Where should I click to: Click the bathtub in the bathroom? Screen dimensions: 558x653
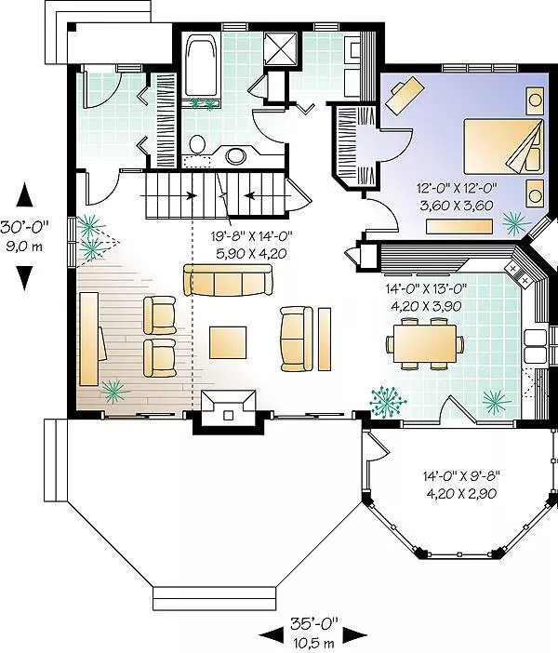tap(202, 66)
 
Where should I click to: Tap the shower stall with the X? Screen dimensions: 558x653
tap(282, 49)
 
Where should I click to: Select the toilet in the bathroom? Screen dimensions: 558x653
tap(197, 144)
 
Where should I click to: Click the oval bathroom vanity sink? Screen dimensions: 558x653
tap(236, 156)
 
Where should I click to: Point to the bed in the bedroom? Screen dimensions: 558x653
tap(504, 146)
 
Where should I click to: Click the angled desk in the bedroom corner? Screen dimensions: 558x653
tap(405, 93)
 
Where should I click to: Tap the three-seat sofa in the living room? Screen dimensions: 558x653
tap(228, 280)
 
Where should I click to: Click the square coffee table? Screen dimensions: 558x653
tap(228, 342)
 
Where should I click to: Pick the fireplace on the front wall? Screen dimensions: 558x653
tap(228, 410)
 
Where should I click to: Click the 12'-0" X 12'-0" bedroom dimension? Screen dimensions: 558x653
tap(458, 188)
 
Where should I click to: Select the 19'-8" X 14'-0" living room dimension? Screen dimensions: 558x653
tap(251, 236)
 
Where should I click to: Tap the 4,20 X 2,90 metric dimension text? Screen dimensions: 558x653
tap(461, 494)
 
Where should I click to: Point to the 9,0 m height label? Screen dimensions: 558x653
tap(24, 247)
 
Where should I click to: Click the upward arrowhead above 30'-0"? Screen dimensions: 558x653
tap(24, 194)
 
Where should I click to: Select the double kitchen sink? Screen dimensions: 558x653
tap(535, 346)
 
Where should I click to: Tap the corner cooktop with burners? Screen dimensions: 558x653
tap(519, 273)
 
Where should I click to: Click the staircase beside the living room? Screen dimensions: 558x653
tap(216, 195)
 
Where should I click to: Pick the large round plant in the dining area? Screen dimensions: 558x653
tap(388, 402)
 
